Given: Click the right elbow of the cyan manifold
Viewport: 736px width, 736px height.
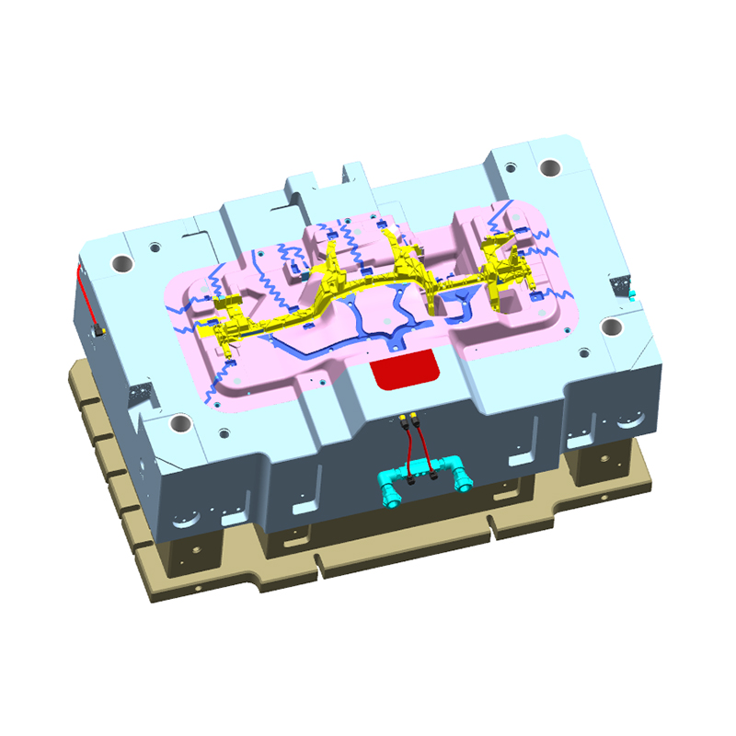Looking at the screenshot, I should pyautogui.click(x=460, y=479).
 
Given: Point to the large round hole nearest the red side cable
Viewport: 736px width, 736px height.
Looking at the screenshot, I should pyautogui.click(x=123, y=263).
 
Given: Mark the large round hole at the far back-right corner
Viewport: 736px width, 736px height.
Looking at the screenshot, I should pyautogui.click(x=550, y=169).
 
